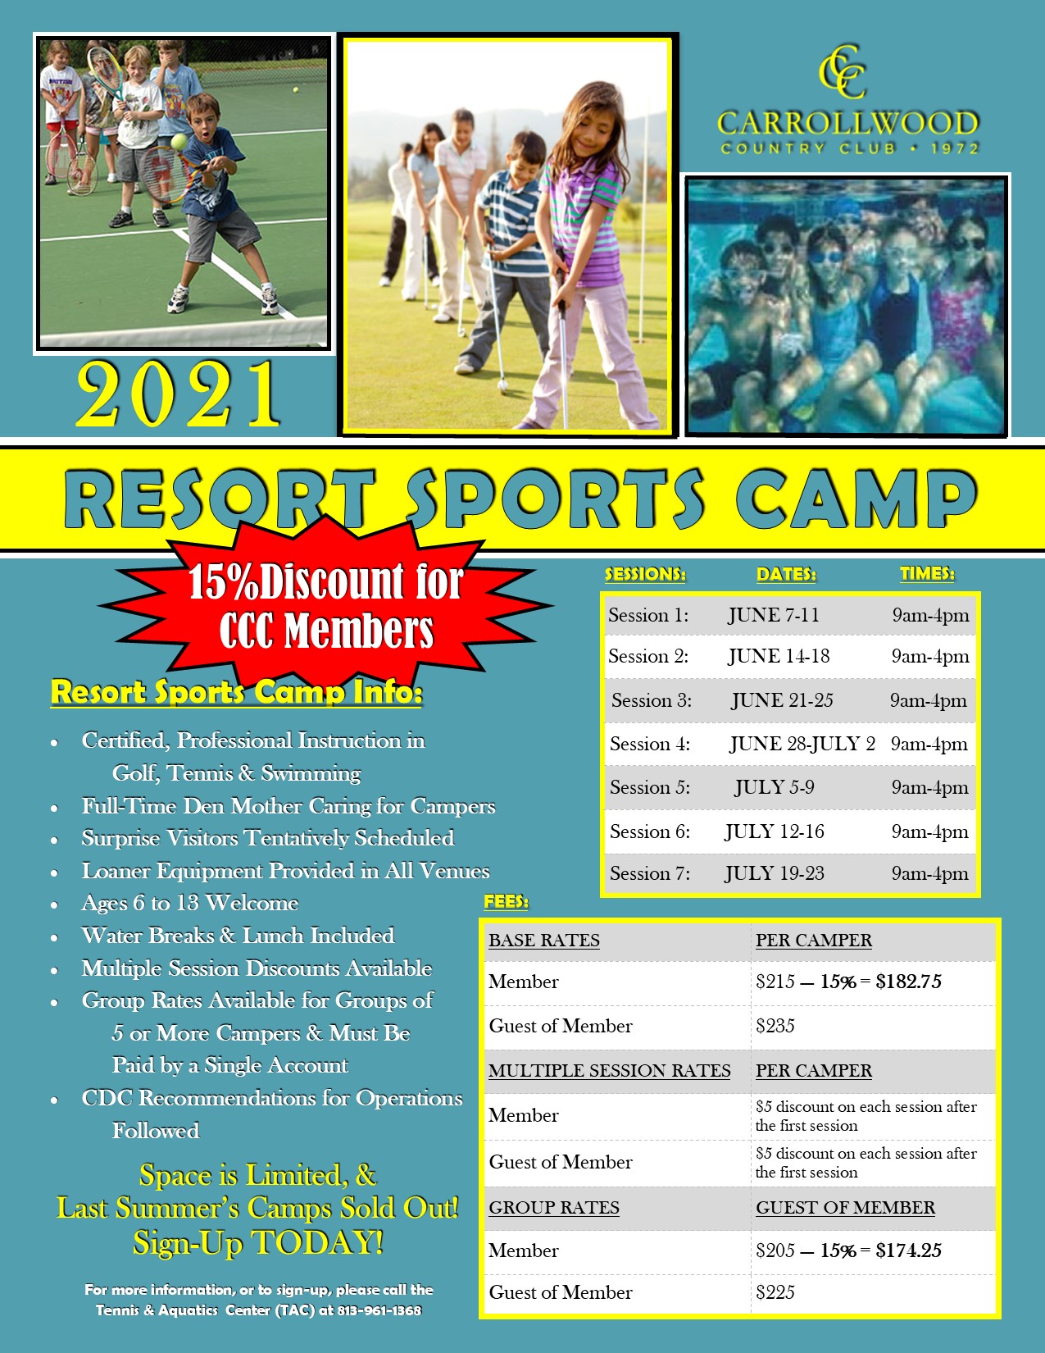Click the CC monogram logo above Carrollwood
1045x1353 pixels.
(x=842, y=71)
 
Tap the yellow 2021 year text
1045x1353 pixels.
(x=179, y=394)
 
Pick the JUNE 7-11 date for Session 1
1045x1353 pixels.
(x=774, y=615)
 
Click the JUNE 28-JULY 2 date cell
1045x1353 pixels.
(x=802, y=744)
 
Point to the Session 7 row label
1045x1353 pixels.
(x=650, y=873)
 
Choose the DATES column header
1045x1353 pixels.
(x=786, y=574)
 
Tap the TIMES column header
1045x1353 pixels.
(x=927, y=573)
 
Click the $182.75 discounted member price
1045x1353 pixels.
(x=908, y=982)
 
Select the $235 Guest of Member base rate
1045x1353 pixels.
(x=775, y=1026)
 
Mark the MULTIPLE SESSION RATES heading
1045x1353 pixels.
(x=609, y=1070)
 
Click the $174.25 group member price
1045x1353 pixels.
(x=908, y=1250)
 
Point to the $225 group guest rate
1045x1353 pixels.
(x=775, y=1292)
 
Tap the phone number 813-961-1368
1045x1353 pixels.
(x=379, y=1310)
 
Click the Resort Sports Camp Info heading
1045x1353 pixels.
(x=237, y=692)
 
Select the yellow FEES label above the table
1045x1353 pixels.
(x=506, y=901)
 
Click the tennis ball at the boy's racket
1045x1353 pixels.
(x=179, y=142)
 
